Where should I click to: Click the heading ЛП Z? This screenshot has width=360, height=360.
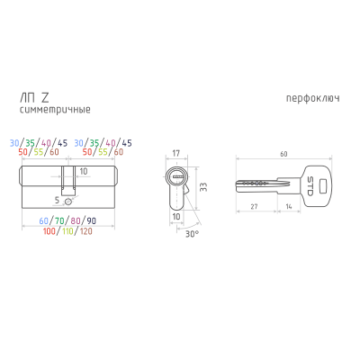click(x=34, y=97)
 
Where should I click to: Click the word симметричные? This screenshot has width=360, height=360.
click(x=55, y=110)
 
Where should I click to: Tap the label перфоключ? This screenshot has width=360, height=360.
click(x=313, y=98)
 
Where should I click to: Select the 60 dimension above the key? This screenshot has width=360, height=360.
click(x=283, y=154)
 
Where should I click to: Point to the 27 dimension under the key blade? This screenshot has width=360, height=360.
click(x=254, y=206)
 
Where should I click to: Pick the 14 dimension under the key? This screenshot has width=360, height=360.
click(x=289, y=206)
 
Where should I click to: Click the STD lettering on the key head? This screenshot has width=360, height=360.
click(x=310, y=186)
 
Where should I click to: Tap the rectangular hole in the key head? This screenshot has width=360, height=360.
click(x=323, y=186)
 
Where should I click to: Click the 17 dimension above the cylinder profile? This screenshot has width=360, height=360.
click(x=176, y=153)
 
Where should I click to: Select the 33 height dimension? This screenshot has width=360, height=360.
click(x=203, y=187)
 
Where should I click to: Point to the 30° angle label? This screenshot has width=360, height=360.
click(x=192, y=234)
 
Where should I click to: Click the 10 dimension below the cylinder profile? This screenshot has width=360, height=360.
click(x=176, y=216)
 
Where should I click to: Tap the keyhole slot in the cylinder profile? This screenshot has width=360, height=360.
click(x=177, y=177)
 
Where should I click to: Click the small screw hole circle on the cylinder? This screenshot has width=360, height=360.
click(x=68, y=202)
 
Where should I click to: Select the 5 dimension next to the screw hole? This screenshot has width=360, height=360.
click(x=58, y=200)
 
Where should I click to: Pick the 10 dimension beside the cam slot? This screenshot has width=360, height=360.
click(x=84, y=171)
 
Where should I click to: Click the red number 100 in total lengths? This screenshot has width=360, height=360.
click(x=49, y=231)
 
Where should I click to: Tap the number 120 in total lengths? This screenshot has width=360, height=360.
click(x=86, y=231)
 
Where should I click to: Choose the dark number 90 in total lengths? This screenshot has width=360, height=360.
click(x=92, y=221)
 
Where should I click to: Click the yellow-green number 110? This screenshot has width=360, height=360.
click(x=67, y=231)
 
